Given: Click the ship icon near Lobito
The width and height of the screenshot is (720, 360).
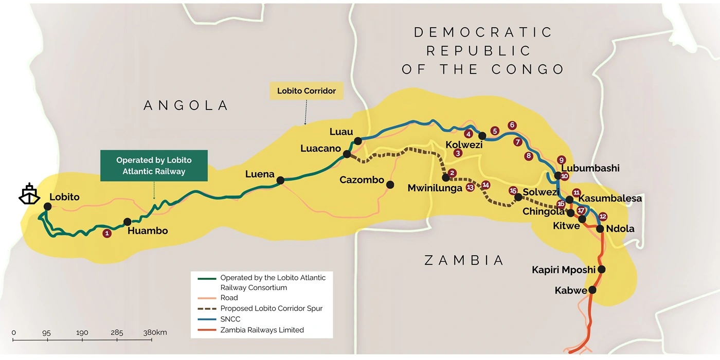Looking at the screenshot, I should pos(29,193).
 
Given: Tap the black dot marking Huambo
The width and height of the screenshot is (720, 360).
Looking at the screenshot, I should pos(128,222).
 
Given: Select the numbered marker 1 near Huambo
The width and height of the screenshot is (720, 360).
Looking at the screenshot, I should pos(107,233).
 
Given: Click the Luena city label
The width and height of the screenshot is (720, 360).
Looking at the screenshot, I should pos(260,174).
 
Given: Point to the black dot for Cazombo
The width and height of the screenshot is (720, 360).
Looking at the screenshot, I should pos(390,185).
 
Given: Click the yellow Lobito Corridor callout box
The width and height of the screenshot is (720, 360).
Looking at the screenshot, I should pos(306,91).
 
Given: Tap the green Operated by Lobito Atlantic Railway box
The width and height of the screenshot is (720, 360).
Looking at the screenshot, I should pos(154,166).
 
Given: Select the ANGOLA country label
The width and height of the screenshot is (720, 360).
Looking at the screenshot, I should pos(186,105).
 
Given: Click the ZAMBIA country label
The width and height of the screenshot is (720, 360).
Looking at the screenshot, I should pos(464,260).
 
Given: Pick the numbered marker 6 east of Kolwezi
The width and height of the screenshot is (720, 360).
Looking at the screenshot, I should pos(512,125).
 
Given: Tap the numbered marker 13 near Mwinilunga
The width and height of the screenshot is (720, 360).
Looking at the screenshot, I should pos(470,188).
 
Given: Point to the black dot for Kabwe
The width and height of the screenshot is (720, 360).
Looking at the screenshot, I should pos(592,290).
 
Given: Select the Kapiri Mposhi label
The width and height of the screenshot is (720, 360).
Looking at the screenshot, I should pos(563,269).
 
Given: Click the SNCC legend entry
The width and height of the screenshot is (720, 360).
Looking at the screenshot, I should pos(230,319).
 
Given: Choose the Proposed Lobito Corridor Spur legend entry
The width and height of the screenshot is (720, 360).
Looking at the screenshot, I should pos(271,308).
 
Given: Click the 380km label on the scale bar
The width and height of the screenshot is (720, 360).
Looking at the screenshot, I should pos(155,333).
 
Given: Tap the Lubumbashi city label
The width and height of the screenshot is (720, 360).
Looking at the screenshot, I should pos(590,168).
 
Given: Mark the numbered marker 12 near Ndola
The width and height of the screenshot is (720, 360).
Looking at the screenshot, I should pos(603,217).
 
